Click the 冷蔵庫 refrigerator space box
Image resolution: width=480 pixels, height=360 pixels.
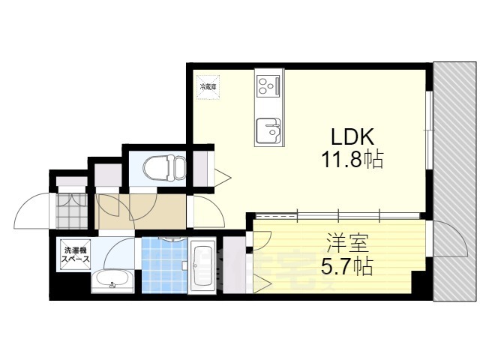(x=208, y=85)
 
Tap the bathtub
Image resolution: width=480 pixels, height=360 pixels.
(x=202, y=267)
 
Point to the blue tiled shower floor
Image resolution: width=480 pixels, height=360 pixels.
(x=161, y=266)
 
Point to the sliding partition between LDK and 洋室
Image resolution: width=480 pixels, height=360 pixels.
(x=337, y=214)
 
